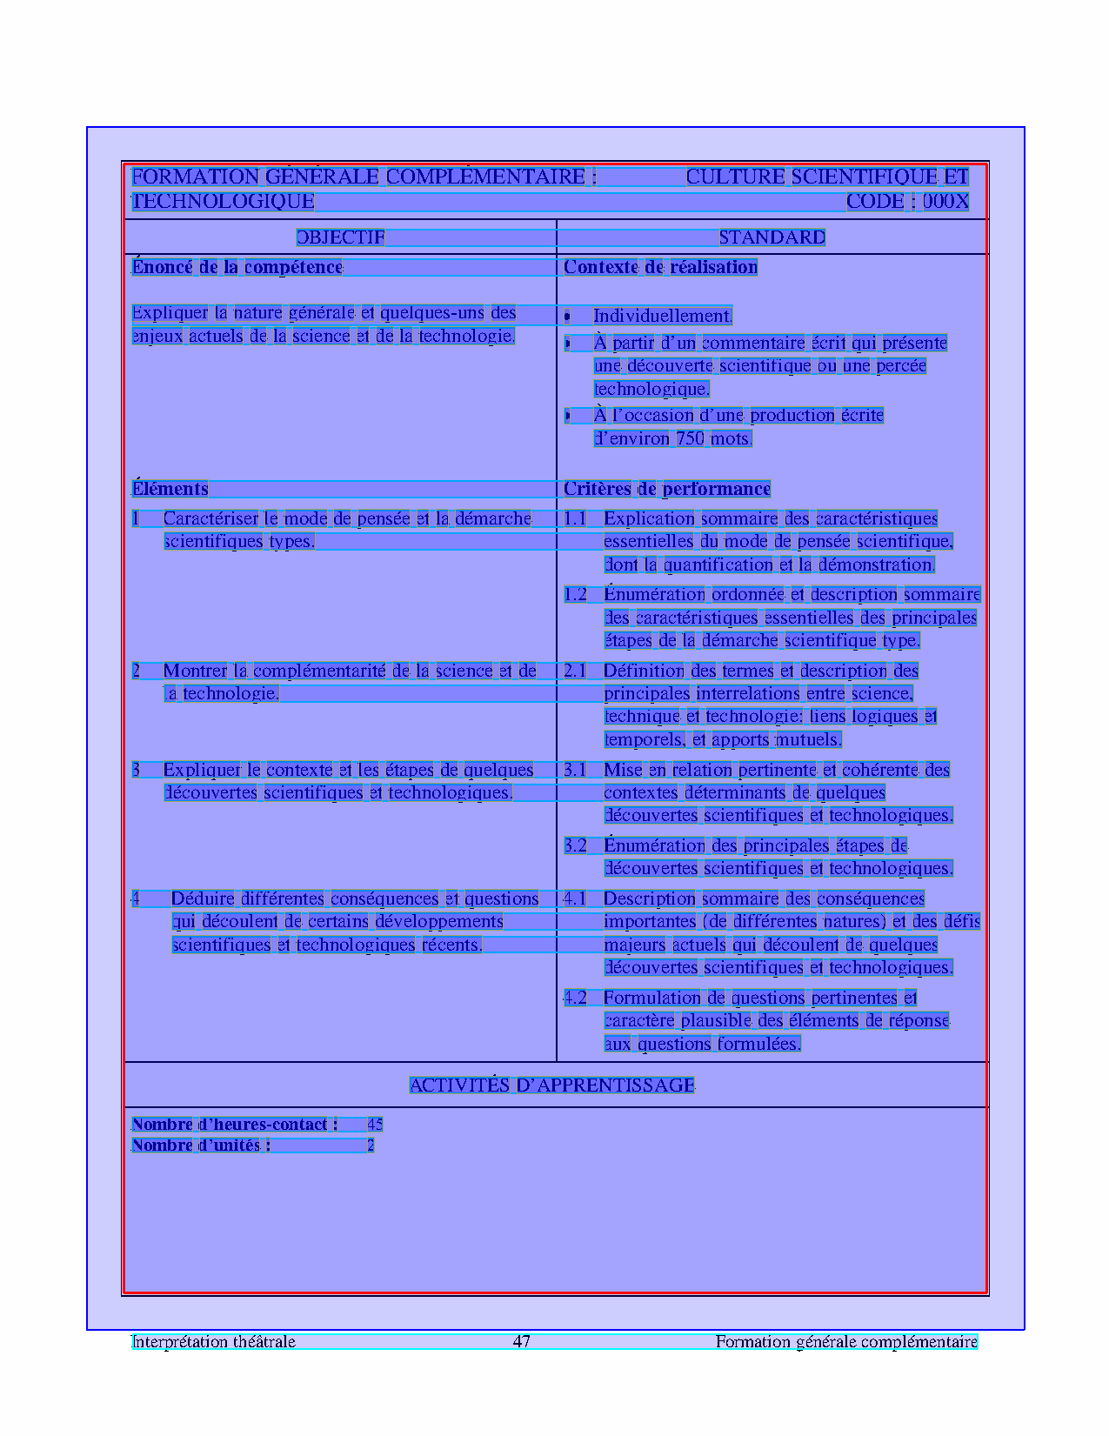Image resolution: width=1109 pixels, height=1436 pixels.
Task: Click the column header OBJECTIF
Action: pos(340,237)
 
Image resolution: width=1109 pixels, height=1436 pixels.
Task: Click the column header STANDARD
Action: pos(772,237)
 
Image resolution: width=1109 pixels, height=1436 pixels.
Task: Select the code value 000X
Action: pos(945,202)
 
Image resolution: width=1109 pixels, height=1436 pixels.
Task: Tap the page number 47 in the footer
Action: pos(522,1341)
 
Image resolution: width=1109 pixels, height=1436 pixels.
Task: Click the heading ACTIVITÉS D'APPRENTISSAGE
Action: pos(552,1085)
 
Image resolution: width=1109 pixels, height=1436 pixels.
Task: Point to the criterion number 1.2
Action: pos(575,595)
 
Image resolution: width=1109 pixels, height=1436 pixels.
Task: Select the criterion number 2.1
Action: pos(575,671)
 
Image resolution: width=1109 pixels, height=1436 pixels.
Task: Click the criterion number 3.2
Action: pos(575,845)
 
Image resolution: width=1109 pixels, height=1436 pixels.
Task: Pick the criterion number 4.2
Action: pos(575,998)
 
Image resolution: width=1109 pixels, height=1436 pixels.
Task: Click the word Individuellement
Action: pos(662,316)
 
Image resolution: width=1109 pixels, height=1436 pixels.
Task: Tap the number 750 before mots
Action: pos(690,438)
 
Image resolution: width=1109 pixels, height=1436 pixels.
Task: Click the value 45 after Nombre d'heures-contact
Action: pos(375,1125)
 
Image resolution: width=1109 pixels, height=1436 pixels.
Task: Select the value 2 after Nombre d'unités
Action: pos(371,1145)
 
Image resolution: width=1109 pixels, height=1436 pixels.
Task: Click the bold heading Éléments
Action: pos(170,489)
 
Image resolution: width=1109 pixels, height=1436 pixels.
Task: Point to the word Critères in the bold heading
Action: pos(598,489)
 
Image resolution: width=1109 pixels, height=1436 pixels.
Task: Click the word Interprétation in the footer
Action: pos(171,1341)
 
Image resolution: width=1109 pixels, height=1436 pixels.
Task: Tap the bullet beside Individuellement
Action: pos(567,317)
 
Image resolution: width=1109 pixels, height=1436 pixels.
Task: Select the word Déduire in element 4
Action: pos(203,898)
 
